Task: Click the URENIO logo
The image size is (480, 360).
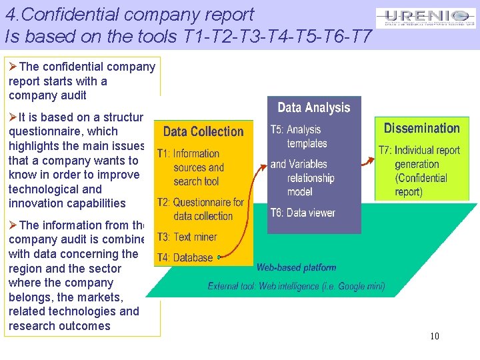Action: coord(425,18)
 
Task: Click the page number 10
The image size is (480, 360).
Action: coord(434,336)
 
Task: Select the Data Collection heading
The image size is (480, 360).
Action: coord(203,131)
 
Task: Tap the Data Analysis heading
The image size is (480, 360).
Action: coord(313,107)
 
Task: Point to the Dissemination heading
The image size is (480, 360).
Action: coord(421,128)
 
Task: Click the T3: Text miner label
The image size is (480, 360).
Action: coord(187,237)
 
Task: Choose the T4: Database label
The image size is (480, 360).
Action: coord(185,257)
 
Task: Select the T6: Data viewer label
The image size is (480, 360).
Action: coord(303,213)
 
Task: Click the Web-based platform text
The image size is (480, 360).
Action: coord(296,267)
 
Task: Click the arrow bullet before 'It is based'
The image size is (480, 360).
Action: coord(13,117)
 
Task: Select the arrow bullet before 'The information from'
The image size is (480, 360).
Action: coord(13,225)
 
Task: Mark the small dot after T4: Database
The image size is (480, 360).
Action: coord(219,257)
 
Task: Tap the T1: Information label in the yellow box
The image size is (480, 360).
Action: coord(188,153)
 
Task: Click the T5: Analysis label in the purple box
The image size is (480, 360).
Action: coord(295,129)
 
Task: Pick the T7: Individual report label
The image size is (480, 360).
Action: coord(419,150)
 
